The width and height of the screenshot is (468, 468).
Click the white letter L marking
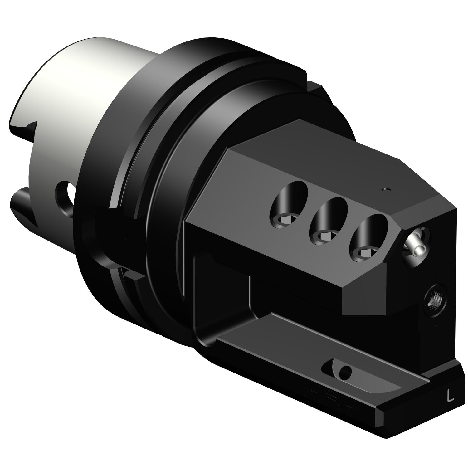(x=450, y=396)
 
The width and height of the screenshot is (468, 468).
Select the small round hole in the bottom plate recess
(x=345, y=371)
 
